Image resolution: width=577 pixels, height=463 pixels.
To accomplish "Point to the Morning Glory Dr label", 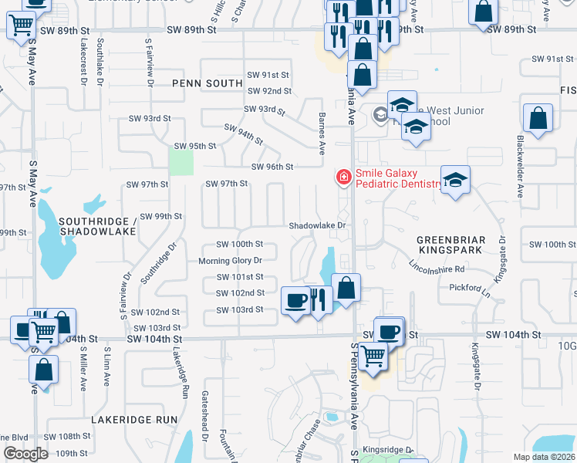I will point(230,261).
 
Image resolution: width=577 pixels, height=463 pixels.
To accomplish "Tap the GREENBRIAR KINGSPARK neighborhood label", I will point(451,246).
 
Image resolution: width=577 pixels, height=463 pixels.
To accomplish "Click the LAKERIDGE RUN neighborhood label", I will point(135,420).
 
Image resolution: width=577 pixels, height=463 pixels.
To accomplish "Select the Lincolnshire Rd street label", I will point(437,269).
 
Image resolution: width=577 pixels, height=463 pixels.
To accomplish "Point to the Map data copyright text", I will point(544,457).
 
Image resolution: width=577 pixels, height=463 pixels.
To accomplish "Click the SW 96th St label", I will point(272,167).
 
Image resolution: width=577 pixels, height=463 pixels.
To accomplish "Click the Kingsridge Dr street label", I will point(389,450).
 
